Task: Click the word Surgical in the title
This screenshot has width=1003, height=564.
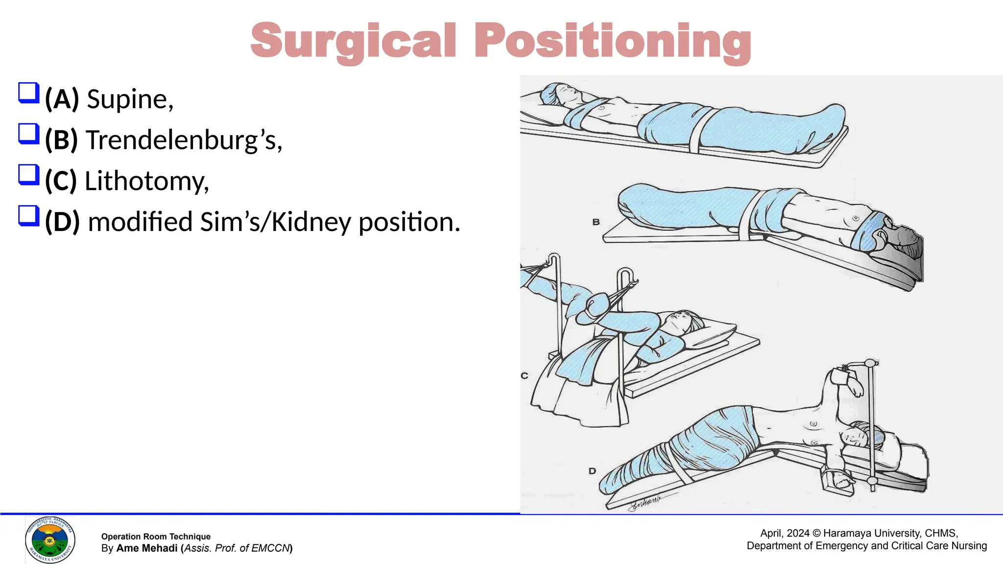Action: coord(353,41)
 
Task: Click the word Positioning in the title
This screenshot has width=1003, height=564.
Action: coord(612,41)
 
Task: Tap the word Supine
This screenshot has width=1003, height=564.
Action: coord(129,99)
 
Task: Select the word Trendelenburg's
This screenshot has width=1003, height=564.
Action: coord(184,141)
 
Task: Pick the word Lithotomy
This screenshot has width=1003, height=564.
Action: coord(146,181)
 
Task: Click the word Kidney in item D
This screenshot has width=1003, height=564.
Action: coord(311,222)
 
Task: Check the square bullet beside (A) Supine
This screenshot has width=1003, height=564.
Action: coord(28,93)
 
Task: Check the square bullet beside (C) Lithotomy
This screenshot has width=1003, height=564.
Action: coord(28,175)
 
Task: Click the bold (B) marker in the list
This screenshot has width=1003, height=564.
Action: coord(61,141)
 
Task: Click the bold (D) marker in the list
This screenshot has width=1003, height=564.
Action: coord(62,222)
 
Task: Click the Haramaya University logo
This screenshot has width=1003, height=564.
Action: coord(50,540)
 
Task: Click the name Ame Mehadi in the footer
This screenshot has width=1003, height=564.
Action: coord(147,548)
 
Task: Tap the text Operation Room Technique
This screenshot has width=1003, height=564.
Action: coord(156,537)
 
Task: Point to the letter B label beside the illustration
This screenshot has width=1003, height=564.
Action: coord(596,222)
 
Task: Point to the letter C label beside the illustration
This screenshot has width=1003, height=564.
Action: coord(525,376)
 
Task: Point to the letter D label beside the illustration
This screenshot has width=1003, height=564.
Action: coord(592,471)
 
